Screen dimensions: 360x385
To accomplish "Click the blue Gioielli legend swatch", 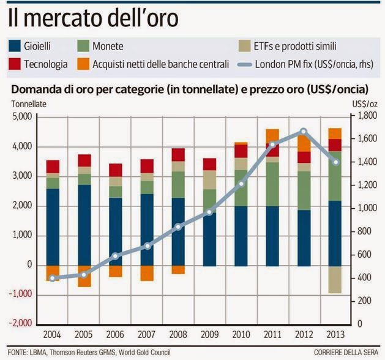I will pyautogui.click(x=16, y=45).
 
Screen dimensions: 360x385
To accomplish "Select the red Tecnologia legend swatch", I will pyautogui.click(x=16, y=64).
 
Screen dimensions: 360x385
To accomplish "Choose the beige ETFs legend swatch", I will pyautogui.click(x=245, y=45).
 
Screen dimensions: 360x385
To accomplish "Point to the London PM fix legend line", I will pyautogui.click(x=245, y=64).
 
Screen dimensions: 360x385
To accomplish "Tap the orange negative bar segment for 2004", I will pyautogui.click(x=53, y=273).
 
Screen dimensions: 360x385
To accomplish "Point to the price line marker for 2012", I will pyautogui.click(x=304, y=131).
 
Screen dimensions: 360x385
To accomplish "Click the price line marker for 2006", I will pyautogui.click(x=116, y=256).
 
